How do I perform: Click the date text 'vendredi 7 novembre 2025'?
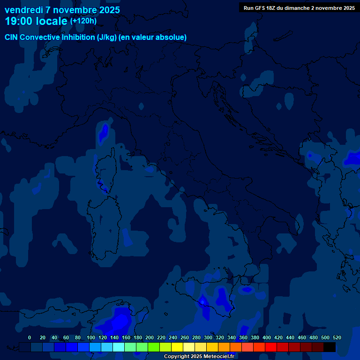(x=62, y=10)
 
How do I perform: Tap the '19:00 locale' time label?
(x=36, y=21)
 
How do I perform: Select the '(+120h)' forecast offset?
(x=83, y=21)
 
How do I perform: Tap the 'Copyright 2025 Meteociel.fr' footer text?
(x=199, y=356)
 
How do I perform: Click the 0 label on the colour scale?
(x=30, y=337)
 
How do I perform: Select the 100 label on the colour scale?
(x=90, y=337)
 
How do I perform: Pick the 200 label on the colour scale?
(x=150, y=337)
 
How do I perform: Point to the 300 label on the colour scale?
(x=208, y=337)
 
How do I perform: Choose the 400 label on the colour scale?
(x=267, y=337)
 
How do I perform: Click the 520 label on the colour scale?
(x=337, y=337)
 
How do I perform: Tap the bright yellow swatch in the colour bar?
(x=177, y=347)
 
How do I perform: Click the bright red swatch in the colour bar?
(x=271, y=347)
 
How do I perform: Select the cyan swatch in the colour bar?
(x=119, y=347)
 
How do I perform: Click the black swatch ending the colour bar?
(x=330, y=347)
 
